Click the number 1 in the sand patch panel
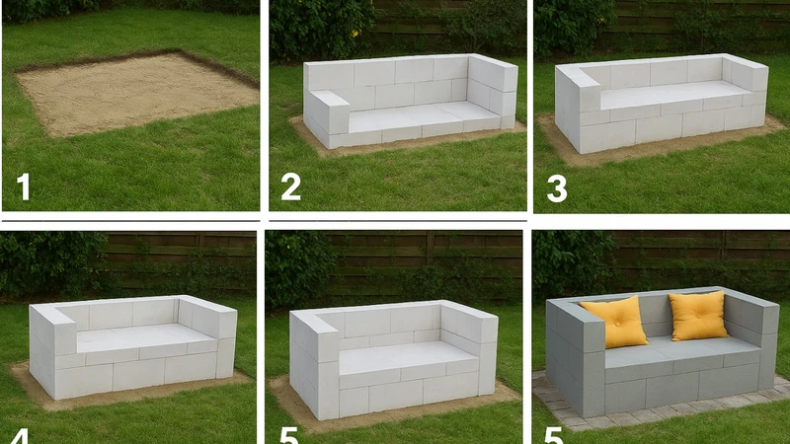click(24, 186)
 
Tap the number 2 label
click(290, 186)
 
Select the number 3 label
click(557, 188)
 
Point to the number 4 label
click(19, 436)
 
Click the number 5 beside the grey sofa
click(553, 436)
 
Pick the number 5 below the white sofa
click(288, 436)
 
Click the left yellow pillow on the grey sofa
click(615, 322)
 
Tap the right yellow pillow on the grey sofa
click(698, 315)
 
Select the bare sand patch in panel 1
click(135, 93)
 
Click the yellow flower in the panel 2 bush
click(355, 34)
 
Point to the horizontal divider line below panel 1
click(131, 220)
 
